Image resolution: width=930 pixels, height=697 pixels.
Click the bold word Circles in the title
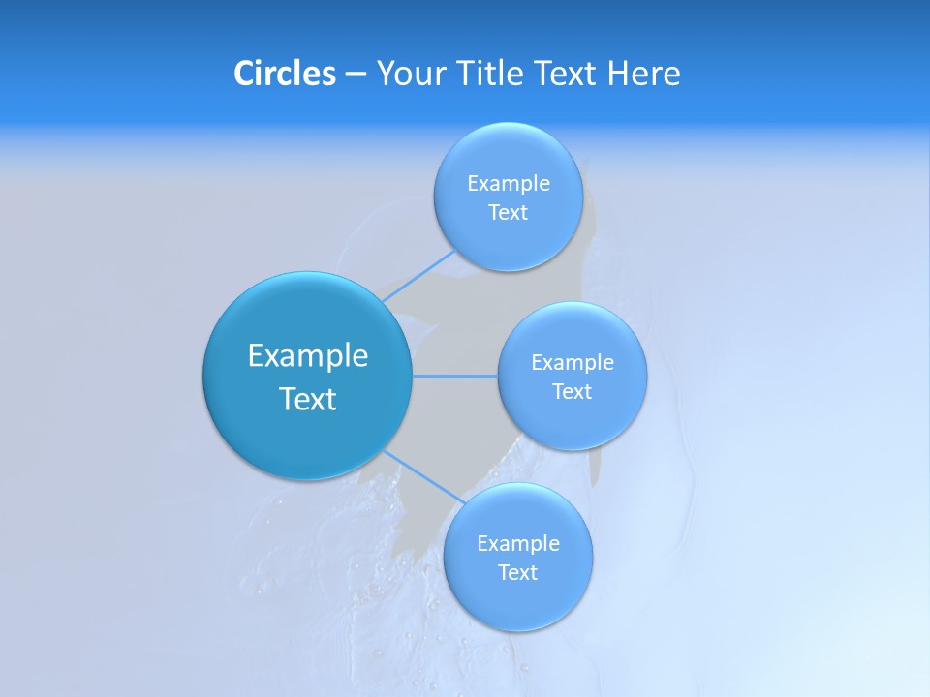tap(284, 74)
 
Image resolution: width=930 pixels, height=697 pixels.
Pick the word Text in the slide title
tap(567, 74)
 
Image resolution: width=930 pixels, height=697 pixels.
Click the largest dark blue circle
tap(307, 376)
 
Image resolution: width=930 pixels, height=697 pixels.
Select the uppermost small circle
tap(509, 197)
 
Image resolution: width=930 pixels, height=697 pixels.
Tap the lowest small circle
tap(517, 557)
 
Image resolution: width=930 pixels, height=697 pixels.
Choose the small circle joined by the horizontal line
tap(572, 376)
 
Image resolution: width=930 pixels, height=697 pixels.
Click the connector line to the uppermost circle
tap(418, 276)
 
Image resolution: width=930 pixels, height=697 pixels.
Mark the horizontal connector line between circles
tap(454, 376)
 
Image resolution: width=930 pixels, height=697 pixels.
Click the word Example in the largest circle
tap(307, 355)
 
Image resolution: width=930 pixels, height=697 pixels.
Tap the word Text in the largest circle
tap(307, 399)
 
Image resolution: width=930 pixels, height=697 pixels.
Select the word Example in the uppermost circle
tap(509, 183)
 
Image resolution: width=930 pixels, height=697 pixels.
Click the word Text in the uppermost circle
tap(509, 212)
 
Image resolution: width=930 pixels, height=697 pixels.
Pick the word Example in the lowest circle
tap(517, 543)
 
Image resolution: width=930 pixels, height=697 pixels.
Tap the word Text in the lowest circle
tap(517, 572)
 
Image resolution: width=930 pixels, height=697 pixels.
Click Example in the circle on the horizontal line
tap(572, 362)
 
